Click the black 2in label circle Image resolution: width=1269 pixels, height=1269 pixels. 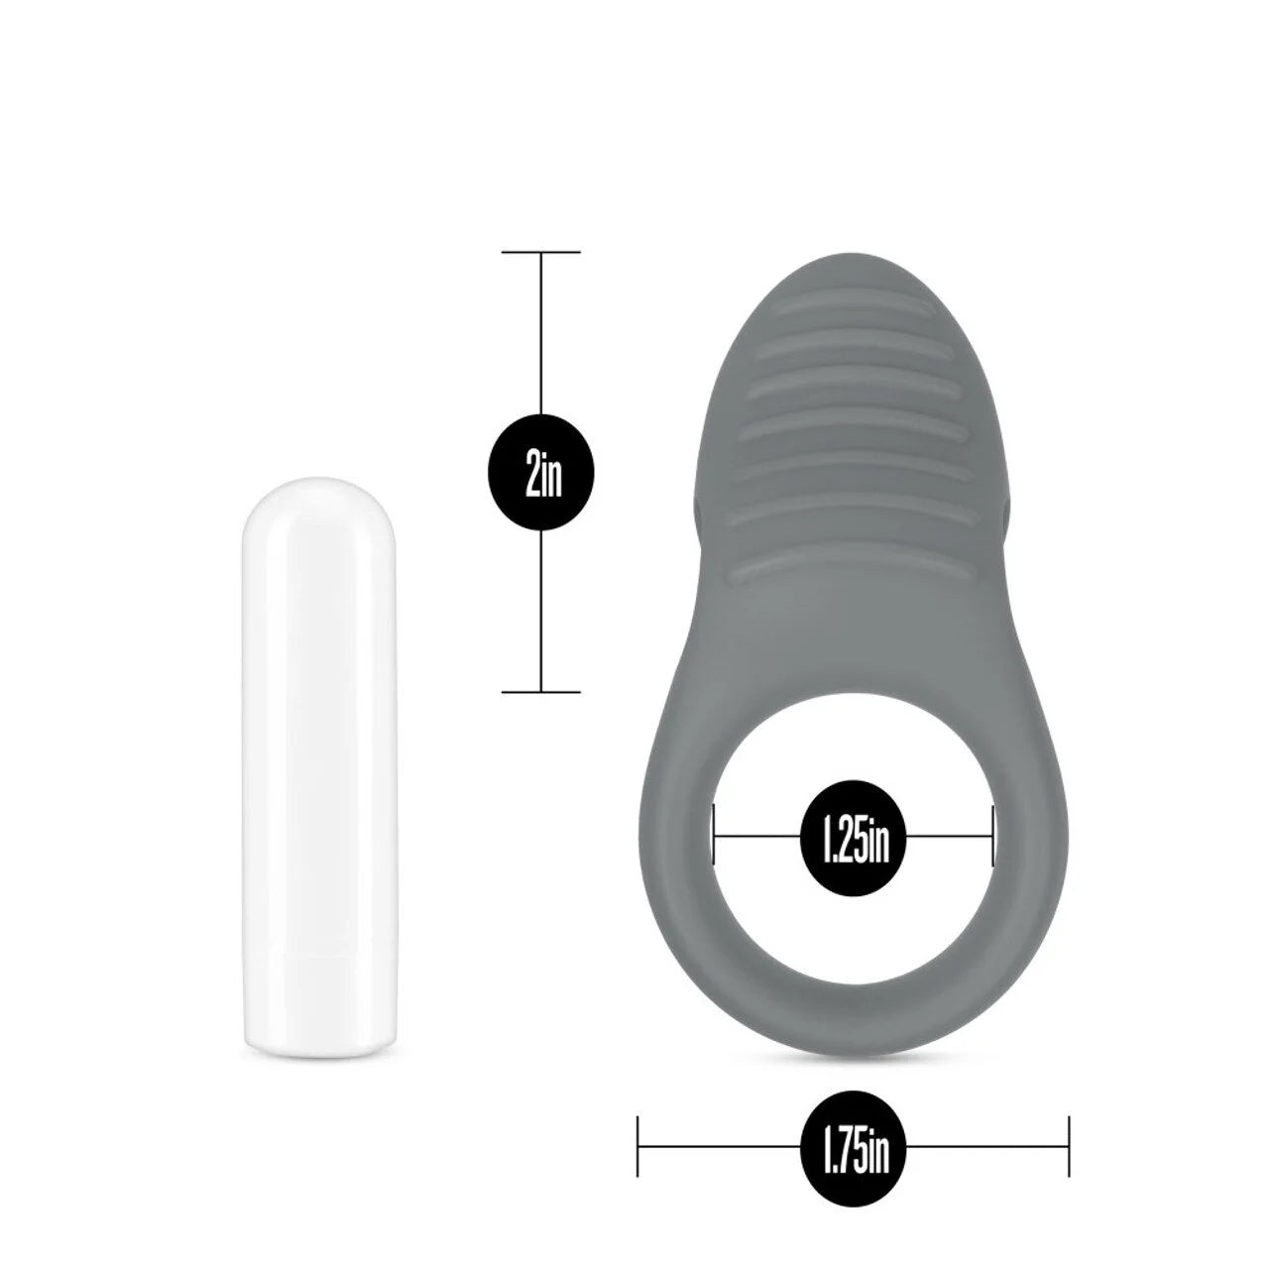[x=541, y=471]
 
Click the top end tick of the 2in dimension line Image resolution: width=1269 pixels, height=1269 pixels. [x=541, y=253]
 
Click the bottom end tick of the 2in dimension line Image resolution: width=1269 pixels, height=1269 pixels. [x=541, y=690]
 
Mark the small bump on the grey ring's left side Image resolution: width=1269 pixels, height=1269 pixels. [x=700, y=511]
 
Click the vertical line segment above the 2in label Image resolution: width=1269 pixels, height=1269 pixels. [x=541, y=337]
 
